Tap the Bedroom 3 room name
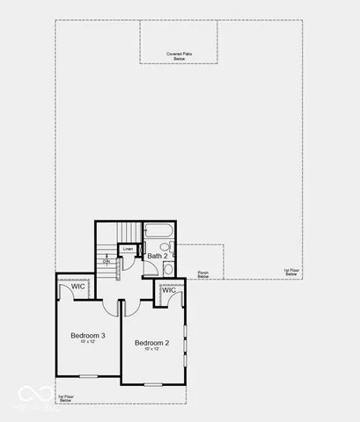[x=88, y=335]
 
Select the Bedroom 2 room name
[x=151, y=342]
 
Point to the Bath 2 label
[x=158, y=256]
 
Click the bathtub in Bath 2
[x=160, y=233]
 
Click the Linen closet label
[x=129, y=250]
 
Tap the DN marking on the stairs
[x=107, y=261]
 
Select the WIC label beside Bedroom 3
[x=77, y=287]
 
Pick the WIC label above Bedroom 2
[x=168, y=290]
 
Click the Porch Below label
[x=203, y=274]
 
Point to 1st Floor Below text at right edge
[x=290, y=273]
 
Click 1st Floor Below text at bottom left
[x=66, y=397]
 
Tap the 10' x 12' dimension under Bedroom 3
[x=88, y=342]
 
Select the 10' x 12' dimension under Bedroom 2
[x=151, y=349]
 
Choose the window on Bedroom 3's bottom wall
[x=87, y=376]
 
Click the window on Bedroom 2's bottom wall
[x=154, y=385]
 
